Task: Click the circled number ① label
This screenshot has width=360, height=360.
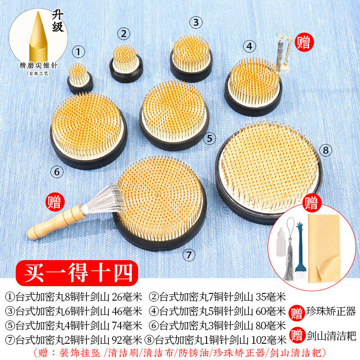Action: click(79, 52)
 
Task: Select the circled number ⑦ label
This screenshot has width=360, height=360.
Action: click(189, 255)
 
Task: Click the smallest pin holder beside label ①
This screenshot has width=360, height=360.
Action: click(80, 78)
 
